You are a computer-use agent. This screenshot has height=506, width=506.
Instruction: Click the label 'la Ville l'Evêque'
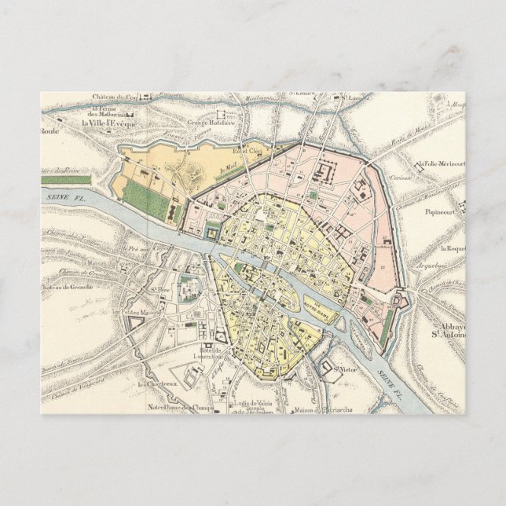pos(113,123)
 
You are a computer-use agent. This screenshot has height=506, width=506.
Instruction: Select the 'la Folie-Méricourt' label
pos(442,163)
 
